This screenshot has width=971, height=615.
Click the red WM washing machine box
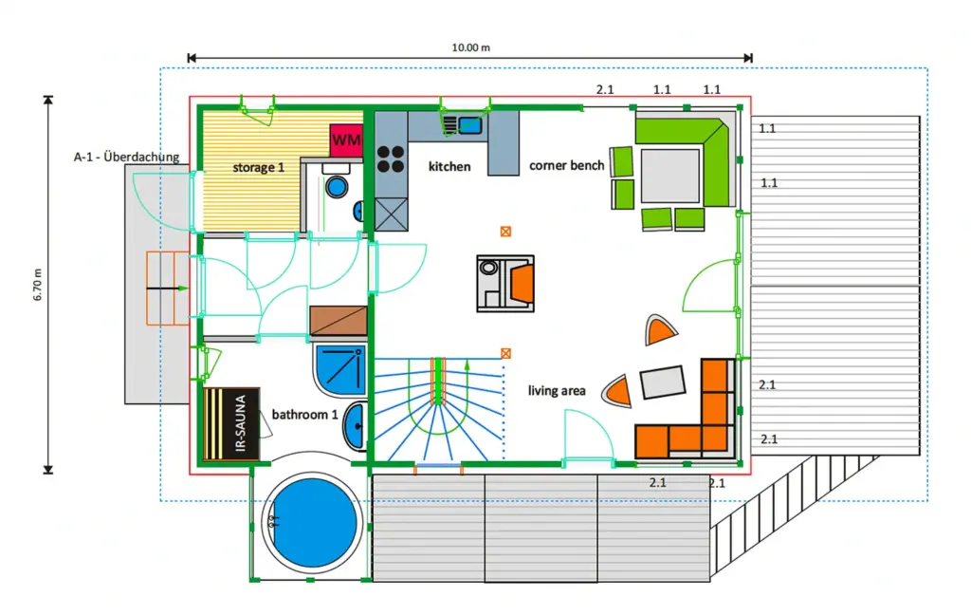click(x=346, y=140)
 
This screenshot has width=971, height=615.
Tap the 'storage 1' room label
click(x=258, y=167)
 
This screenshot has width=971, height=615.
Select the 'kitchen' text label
click(x=449, y=166)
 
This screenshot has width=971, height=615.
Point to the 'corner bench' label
click(x=567, y=165)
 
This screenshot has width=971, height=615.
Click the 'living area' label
click(x=557, y=391)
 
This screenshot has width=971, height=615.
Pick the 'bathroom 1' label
click(x=304, y=414)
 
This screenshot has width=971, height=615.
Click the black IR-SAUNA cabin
click(x=231, y=424)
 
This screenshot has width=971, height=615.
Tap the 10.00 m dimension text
click(x=470, y=47)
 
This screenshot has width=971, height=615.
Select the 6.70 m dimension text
click(x=38, y=285)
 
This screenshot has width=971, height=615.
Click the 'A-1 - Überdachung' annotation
click(x=126, y=157)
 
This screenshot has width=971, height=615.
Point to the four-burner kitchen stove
click(x=391, y=158)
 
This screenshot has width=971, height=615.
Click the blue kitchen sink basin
click(x=470, y=125)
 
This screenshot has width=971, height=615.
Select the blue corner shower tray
click(x=340, y=371)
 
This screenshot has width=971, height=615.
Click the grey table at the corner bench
click(x=670, y=176)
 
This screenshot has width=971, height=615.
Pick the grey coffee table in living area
click(x=663, y=382)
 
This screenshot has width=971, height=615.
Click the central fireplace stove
click(x=505, y=284)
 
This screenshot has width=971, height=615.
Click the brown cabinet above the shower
click(x=339, y=321)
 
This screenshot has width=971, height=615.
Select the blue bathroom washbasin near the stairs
click(x=356, y=425)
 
